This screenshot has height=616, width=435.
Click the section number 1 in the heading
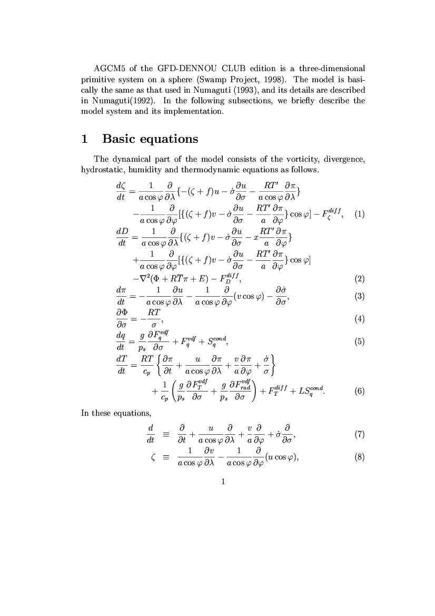(x=84, y=139)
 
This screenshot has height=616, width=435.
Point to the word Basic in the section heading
(x=120, y=139)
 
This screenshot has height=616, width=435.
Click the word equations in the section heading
(x=170, y=139)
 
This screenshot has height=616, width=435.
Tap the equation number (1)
(x=360, y=214)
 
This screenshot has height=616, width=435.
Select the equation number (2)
(x=360, y=279)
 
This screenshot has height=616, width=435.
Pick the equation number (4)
(x=360, y=318)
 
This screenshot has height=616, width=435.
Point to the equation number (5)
(x=360, y=341)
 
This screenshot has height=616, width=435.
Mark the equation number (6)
(x=360, y=391)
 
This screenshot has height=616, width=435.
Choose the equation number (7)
(x=360, y=435)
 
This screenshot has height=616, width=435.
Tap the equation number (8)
(x=360, y=457)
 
